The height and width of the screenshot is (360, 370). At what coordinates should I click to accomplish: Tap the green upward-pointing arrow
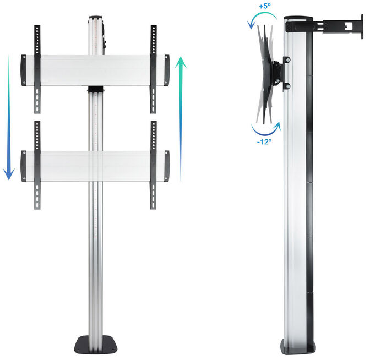[x=181, y=116]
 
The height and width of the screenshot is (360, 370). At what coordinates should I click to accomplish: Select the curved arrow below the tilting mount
[x=264, y=130]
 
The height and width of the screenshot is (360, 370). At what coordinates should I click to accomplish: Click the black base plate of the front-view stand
[x=97, y=347]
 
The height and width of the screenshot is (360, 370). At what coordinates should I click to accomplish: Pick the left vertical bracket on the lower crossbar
[x=37, y=165]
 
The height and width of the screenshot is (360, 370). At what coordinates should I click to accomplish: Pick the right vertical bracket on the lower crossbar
[x=153, y=165]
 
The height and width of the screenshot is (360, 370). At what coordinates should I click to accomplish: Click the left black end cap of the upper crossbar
[x=24, y=70]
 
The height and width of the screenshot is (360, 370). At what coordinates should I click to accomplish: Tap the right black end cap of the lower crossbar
[x=167, y=165]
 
